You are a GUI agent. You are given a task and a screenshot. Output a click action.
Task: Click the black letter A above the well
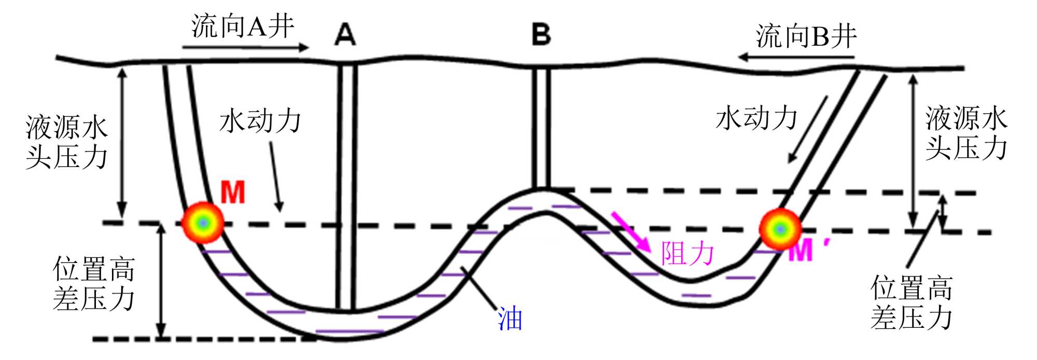[345, 35]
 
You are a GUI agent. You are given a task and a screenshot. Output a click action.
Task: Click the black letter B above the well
[541, 35]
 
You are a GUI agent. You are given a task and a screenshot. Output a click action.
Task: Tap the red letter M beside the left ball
[233, 193]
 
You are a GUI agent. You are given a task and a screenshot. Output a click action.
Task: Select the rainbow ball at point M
[203, 223]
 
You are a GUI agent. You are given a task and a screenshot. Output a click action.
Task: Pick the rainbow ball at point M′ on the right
[780, 229]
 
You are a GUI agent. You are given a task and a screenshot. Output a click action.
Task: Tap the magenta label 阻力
[688, 254]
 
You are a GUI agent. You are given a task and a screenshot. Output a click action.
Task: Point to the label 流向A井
[243, 26]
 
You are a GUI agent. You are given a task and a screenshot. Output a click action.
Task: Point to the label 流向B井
[806, 36]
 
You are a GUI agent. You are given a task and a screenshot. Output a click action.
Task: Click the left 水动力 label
[260, 121]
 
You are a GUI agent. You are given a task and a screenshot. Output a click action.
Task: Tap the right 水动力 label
[756, 118]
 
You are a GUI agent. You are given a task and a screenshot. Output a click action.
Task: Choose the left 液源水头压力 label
[66, 142]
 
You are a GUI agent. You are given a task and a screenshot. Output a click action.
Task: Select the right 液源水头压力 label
[966, 133]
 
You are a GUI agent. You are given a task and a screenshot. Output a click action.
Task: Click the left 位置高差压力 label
[94, 284]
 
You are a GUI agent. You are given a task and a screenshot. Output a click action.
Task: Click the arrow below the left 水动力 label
[276, 176]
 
